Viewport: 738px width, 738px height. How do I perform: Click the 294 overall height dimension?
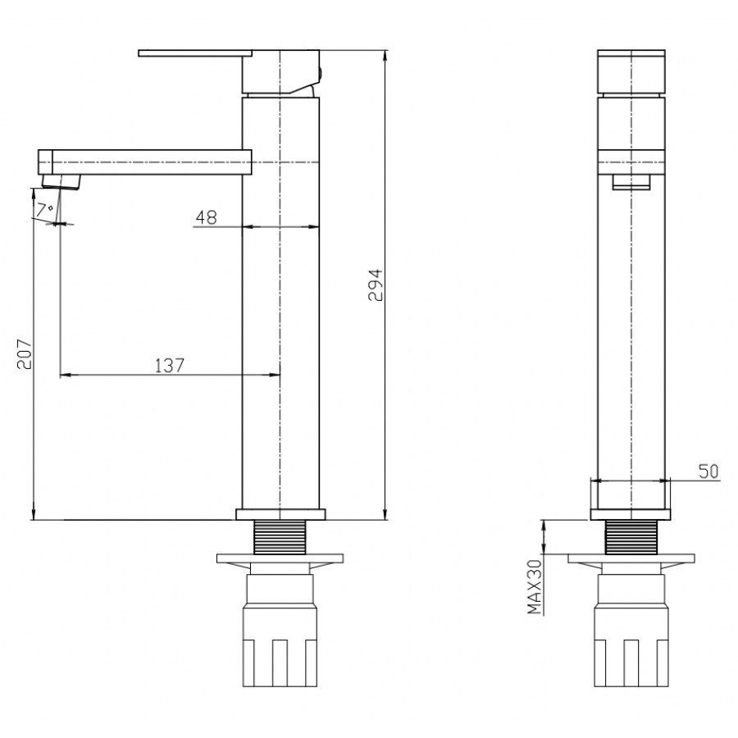pos(376,285)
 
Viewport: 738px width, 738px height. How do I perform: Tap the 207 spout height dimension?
pos(24,354)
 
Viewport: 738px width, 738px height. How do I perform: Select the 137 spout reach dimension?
pos(170,365)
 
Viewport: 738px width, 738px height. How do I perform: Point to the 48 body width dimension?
pos(206,217)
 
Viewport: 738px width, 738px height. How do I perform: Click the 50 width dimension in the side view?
pos(708,471)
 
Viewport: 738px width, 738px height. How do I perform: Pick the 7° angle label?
pos(45,209)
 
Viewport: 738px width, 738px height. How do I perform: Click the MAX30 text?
pos(535,587)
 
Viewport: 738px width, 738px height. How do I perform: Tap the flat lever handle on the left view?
pos(195,53)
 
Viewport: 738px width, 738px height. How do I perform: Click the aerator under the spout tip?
pos(61,182)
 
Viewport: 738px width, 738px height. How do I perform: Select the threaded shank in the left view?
pos(280,537)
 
